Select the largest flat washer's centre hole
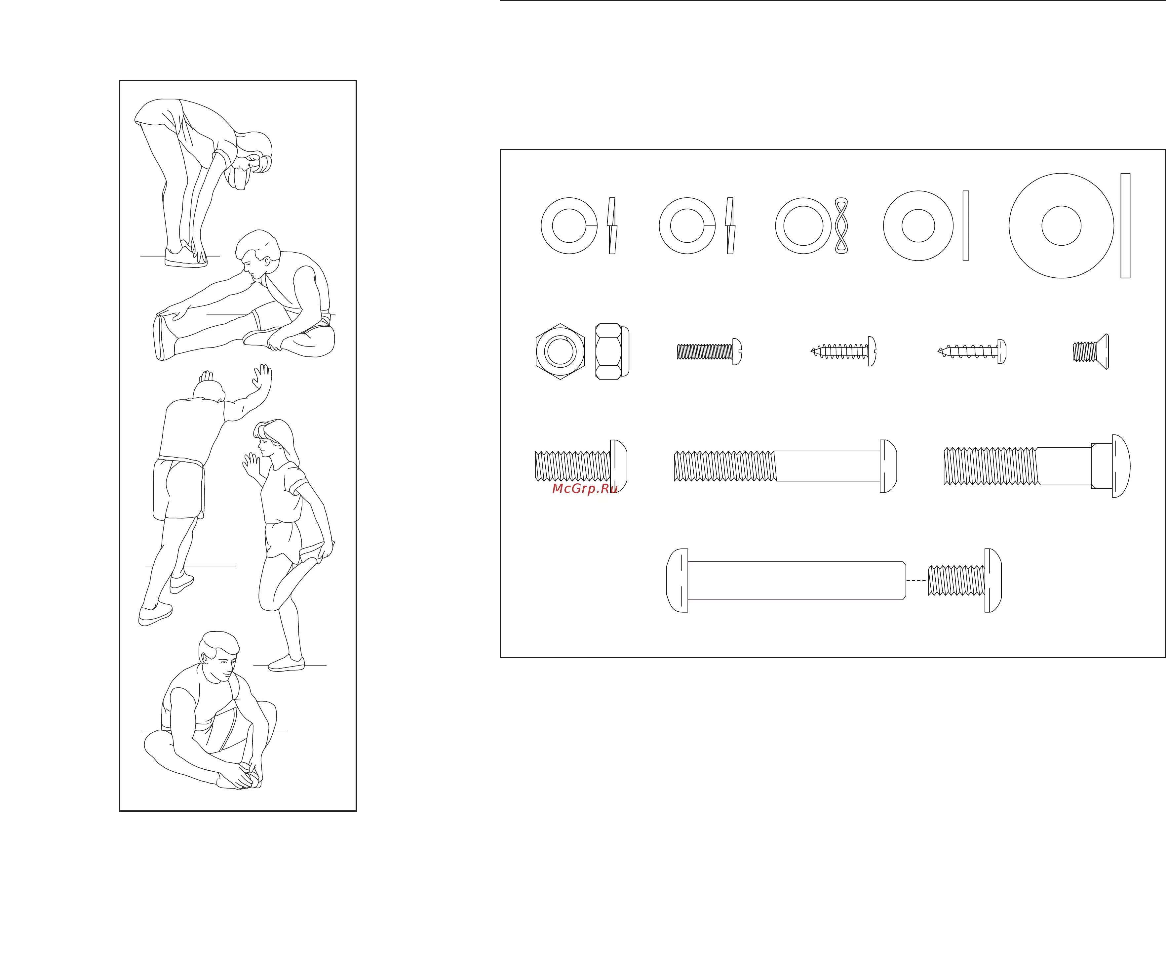point(1061,225)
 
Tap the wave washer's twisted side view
point(841,225)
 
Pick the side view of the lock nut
point(612,352)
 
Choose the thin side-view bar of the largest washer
point(1125,225)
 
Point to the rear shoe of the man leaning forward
point(155,614)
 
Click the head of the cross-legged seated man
point(219,656)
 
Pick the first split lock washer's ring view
point(569,225)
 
